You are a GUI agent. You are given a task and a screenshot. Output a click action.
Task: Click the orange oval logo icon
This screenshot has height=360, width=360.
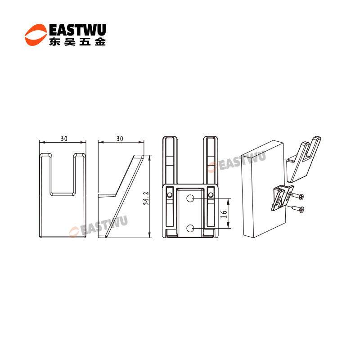point(36,35)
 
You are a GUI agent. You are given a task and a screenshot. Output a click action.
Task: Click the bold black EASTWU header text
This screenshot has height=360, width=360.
point(77,30)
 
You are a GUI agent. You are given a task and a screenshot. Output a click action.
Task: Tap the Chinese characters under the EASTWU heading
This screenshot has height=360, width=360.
point(77,41)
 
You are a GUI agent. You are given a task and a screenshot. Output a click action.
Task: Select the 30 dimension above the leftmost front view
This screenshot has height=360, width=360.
point(64,139)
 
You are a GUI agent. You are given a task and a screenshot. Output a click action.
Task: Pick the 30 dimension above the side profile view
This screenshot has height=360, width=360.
point(120,139)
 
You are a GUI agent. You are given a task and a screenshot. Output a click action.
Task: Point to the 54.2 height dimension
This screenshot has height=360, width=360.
point(146,198)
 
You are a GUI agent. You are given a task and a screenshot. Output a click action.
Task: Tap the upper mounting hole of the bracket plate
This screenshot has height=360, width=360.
point(190,198)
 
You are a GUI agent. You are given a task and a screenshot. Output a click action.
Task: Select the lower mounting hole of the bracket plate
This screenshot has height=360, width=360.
point(190,228)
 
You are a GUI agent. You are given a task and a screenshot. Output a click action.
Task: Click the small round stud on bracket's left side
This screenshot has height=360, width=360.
point(170,195)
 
